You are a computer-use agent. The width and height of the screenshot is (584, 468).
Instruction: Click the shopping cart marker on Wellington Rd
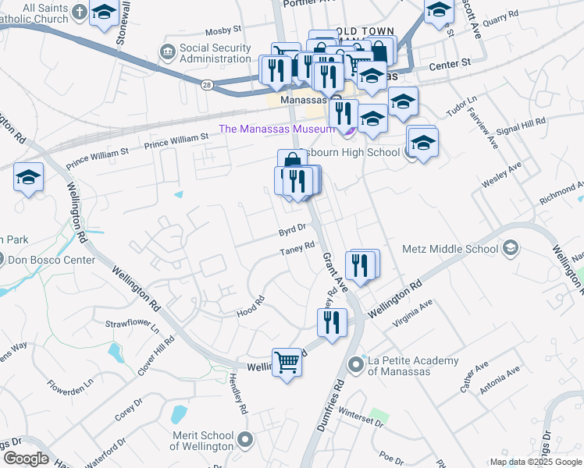pos(287,362)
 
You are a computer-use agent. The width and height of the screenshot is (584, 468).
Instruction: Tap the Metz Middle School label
pos(449,250)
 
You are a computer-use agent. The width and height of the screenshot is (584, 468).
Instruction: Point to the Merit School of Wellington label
pos(201,441)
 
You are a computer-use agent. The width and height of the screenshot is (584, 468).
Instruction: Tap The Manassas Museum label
pos(277,129)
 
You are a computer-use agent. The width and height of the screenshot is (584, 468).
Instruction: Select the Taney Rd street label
pos(297,249)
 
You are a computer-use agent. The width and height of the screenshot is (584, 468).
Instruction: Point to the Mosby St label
pos(223,30)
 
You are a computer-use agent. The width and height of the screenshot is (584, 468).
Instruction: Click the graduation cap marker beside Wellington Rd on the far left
pos(28,178)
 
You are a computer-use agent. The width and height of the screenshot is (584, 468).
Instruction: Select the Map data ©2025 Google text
pos(535,463)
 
